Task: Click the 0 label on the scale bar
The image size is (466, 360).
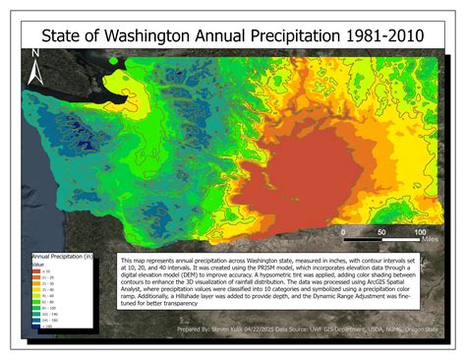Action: pos(343,231)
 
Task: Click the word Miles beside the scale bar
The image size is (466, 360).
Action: pos(427,238)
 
